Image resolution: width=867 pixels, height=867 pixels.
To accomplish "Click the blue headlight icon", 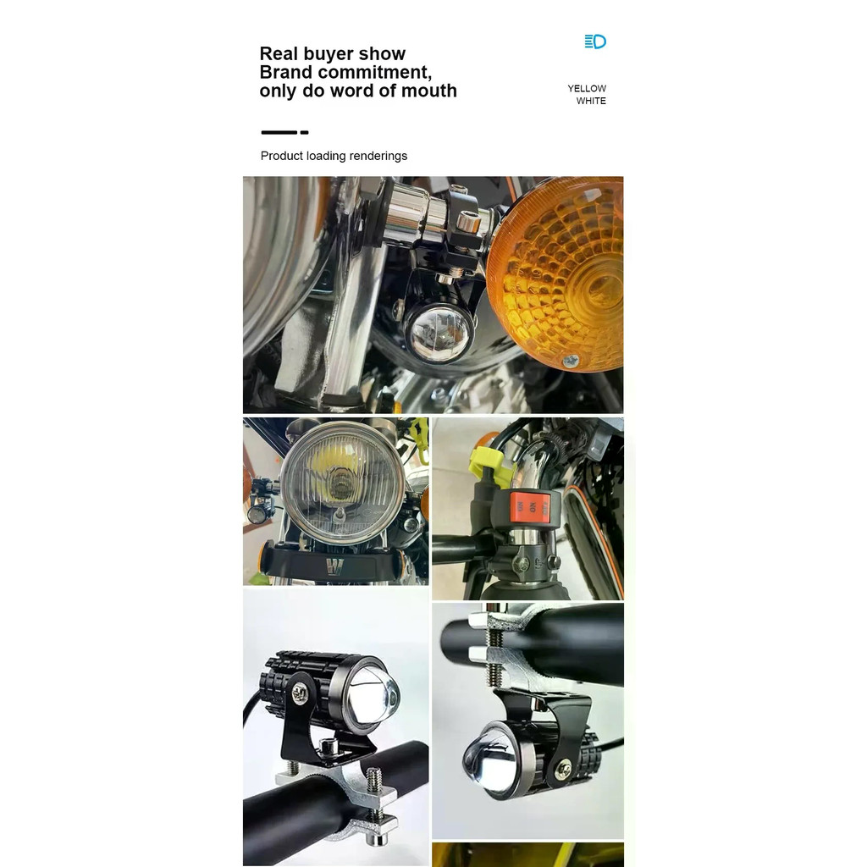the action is [x=595, y=41].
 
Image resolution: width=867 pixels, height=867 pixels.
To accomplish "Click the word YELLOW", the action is [x=587, y=88].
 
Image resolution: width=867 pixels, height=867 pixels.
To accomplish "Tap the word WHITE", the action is [x=591, y=101].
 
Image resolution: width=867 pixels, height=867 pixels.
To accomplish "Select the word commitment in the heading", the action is [x=378, y=72].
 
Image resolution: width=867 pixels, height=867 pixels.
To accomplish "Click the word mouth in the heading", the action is [x=429, y=90].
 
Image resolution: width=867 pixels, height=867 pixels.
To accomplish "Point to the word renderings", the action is [x=378, y=156].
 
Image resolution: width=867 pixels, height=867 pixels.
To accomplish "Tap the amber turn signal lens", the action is [x=555, y=273].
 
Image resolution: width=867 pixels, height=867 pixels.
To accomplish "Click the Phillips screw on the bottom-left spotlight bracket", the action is [x=301, y=693].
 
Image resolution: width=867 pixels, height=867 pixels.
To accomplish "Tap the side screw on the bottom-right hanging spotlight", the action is [x=563, y=769].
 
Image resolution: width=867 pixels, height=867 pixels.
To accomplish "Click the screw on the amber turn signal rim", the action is [x=570, y=362].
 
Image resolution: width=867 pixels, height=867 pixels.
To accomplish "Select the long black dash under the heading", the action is [x=279, y=133].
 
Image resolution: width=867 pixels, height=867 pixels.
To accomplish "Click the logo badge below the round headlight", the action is [x=334, y=566].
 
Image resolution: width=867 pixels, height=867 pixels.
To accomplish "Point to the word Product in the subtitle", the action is [x=281, y=156].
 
